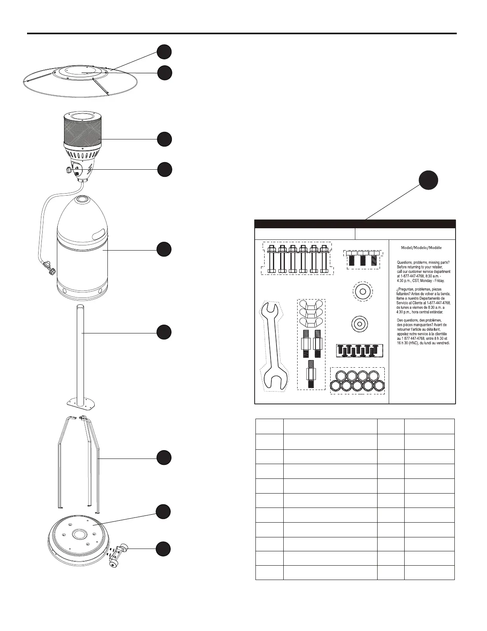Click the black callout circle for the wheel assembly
pyautogui.click(x=164, y=549)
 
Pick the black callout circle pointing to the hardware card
pyautogui.click(x=429, y=180)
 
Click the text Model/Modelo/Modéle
pyautogui.click(x=421, y=247)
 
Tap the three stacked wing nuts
pyautogui.click(x=312, y=314)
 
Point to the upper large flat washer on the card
pyautogui.click(x=362, y=292)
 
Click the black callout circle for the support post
pyautogui.click(x=164, y=332)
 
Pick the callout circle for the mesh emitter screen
pyautogui.click(x=164, y=139)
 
